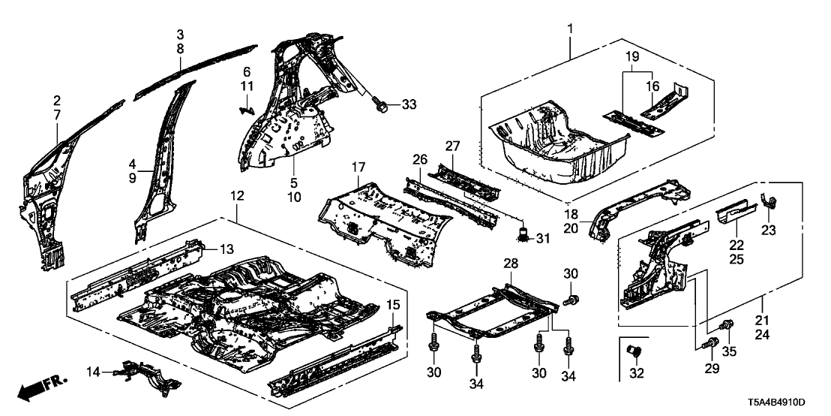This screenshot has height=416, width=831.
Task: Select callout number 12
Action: click(x=237, y=197)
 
